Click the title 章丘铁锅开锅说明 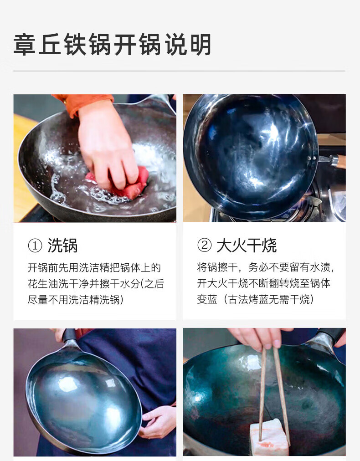click(113, 45)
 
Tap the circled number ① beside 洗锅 click(35, 246)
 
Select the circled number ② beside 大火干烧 click(205, 245)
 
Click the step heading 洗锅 click(62, 246)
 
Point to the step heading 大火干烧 click(247, 245)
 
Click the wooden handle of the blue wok click(341, 162)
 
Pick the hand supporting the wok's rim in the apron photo click(157, 420)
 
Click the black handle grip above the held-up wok click(69, 335)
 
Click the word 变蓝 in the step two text click(207, 300)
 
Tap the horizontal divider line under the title click(179, 71)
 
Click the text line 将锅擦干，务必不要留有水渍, click(266, 267)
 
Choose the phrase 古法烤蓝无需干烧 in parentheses click(269, 300)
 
